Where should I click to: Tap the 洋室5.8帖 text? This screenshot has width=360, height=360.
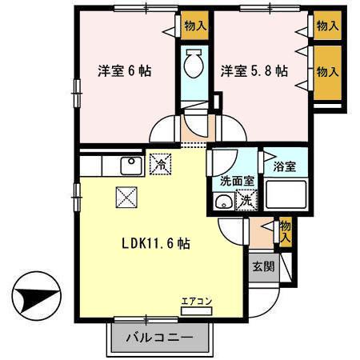(x=254, y=70)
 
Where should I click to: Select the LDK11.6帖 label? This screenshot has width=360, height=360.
(x=156, y=241)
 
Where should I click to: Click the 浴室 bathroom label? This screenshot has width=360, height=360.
(x=285, y=167)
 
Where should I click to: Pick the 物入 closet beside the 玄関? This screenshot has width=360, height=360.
(x=286, y=233)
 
